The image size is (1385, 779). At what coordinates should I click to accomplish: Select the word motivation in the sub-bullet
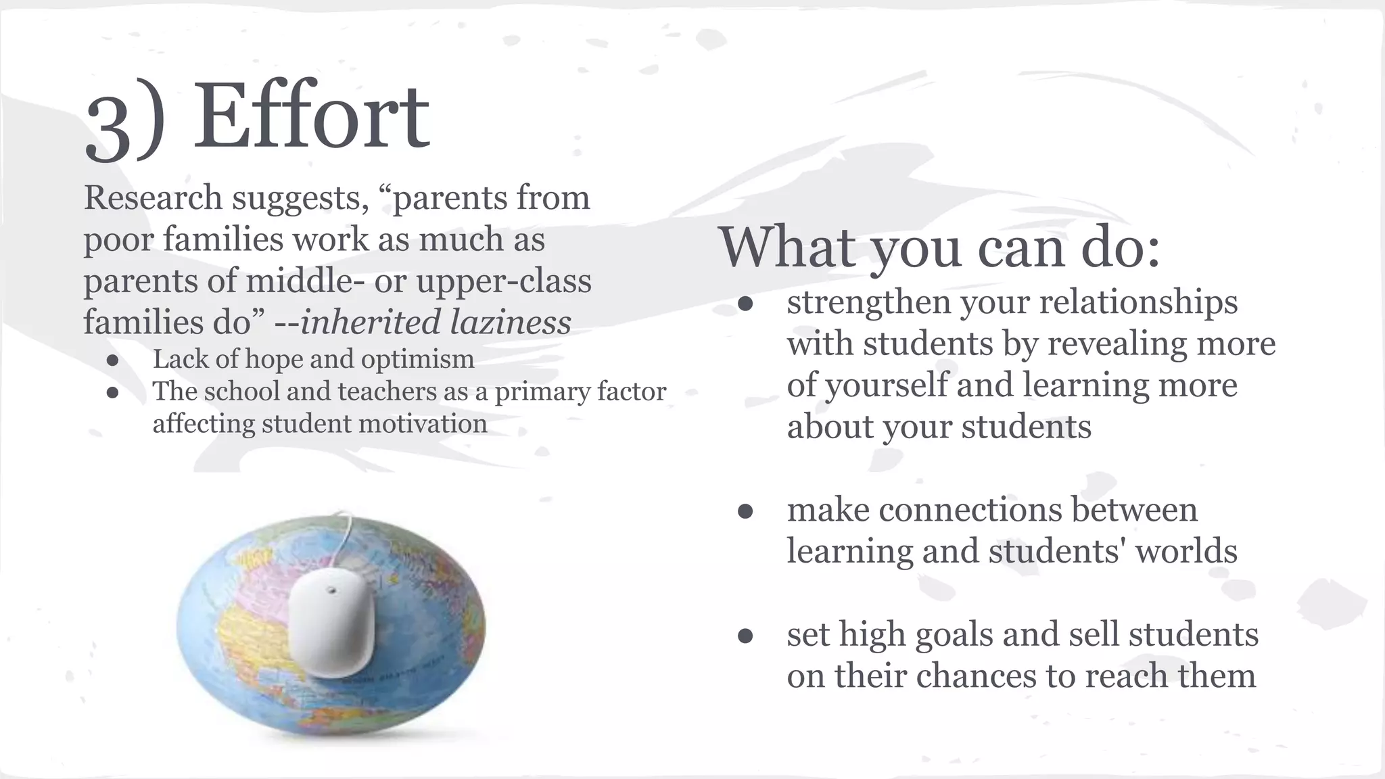(423, 424)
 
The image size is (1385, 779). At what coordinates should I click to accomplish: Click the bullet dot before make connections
(745, 512)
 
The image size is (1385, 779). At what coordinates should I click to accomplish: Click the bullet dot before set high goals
(745, 636)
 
